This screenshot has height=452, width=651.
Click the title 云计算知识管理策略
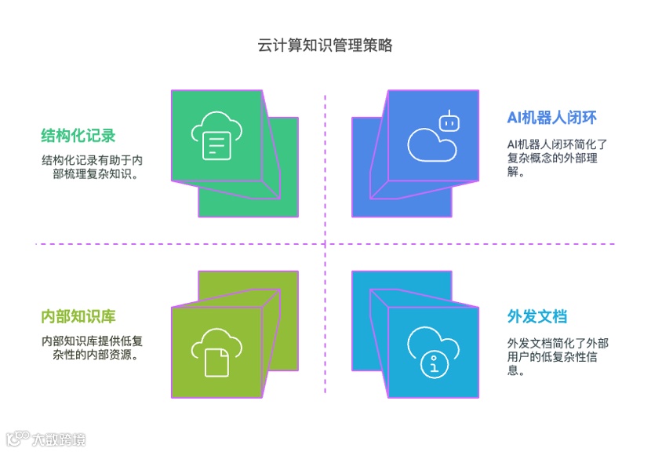[x=325, y=45]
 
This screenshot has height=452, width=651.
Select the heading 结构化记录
[x=78, y=136]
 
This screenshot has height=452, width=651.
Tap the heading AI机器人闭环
[x=551, y=118]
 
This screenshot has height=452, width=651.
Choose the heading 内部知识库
[x=78, y=317]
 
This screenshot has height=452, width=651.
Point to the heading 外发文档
[x=537, y=317]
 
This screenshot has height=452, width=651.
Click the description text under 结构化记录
[x=92, y=167]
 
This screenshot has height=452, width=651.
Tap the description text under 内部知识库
[x=92, y=348]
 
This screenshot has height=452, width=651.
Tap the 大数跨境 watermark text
[x=58, y=439]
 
